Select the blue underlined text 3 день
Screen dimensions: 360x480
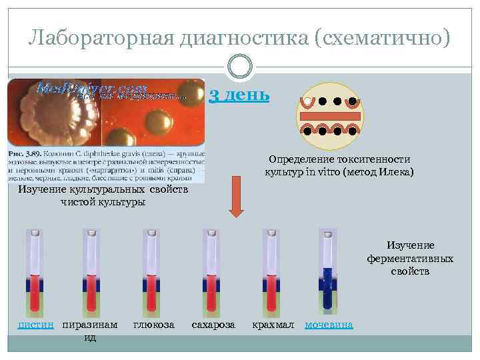coord(239,95)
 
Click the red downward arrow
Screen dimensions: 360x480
coord(236,197)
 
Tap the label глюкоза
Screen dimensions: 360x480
coord(154,325)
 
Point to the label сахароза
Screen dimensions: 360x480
coord(213,325)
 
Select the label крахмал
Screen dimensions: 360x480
coord(273,325)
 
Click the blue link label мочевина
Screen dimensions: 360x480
coord(329,325)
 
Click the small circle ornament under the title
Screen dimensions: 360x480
coord(240,67)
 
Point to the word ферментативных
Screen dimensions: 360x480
coord(410,258)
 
